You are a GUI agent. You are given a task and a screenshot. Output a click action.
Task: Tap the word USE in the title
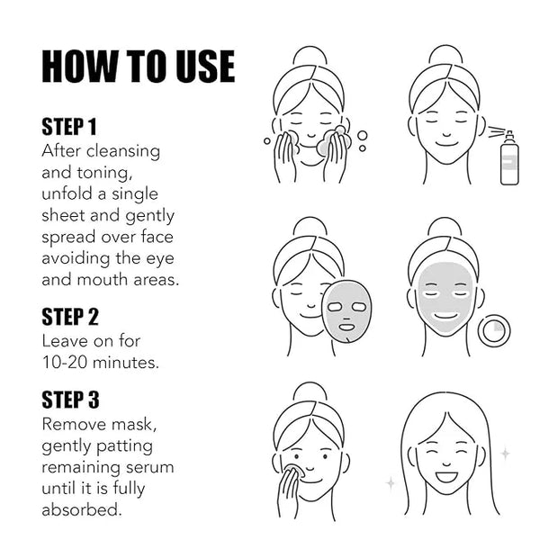click(x=206, y=67)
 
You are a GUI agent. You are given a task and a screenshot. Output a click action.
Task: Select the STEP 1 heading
click(x=69, y=127)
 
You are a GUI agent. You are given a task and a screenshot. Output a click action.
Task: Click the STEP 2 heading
click(x=70, y=317)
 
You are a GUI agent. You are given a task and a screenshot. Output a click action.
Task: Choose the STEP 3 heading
click(x=70, y=400)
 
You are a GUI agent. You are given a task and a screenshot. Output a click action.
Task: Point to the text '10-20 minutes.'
click(x=101, y=363)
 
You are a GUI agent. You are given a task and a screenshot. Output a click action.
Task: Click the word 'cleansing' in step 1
click(x=123, y=151)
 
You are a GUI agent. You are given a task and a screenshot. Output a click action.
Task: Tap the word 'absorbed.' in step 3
click(x=82, y=509)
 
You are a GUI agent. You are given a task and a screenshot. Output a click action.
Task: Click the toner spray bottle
click(x=508, y=158)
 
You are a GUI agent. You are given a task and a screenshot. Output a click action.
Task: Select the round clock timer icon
click(x=493, y=330)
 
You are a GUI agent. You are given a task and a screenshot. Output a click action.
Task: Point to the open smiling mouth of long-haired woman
click(x=446, y=476)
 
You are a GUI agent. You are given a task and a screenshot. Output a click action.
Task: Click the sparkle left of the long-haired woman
click(x=391, y=483)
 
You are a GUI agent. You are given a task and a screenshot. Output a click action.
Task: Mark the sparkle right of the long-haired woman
click(x=505, y=454)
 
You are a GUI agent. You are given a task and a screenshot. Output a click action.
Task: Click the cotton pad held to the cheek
click(x=295, y=470)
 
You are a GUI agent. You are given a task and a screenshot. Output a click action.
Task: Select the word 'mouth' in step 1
click(x=102, y=280)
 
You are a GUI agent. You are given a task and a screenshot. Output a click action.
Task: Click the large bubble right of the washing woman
click(x=363, y=136)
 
